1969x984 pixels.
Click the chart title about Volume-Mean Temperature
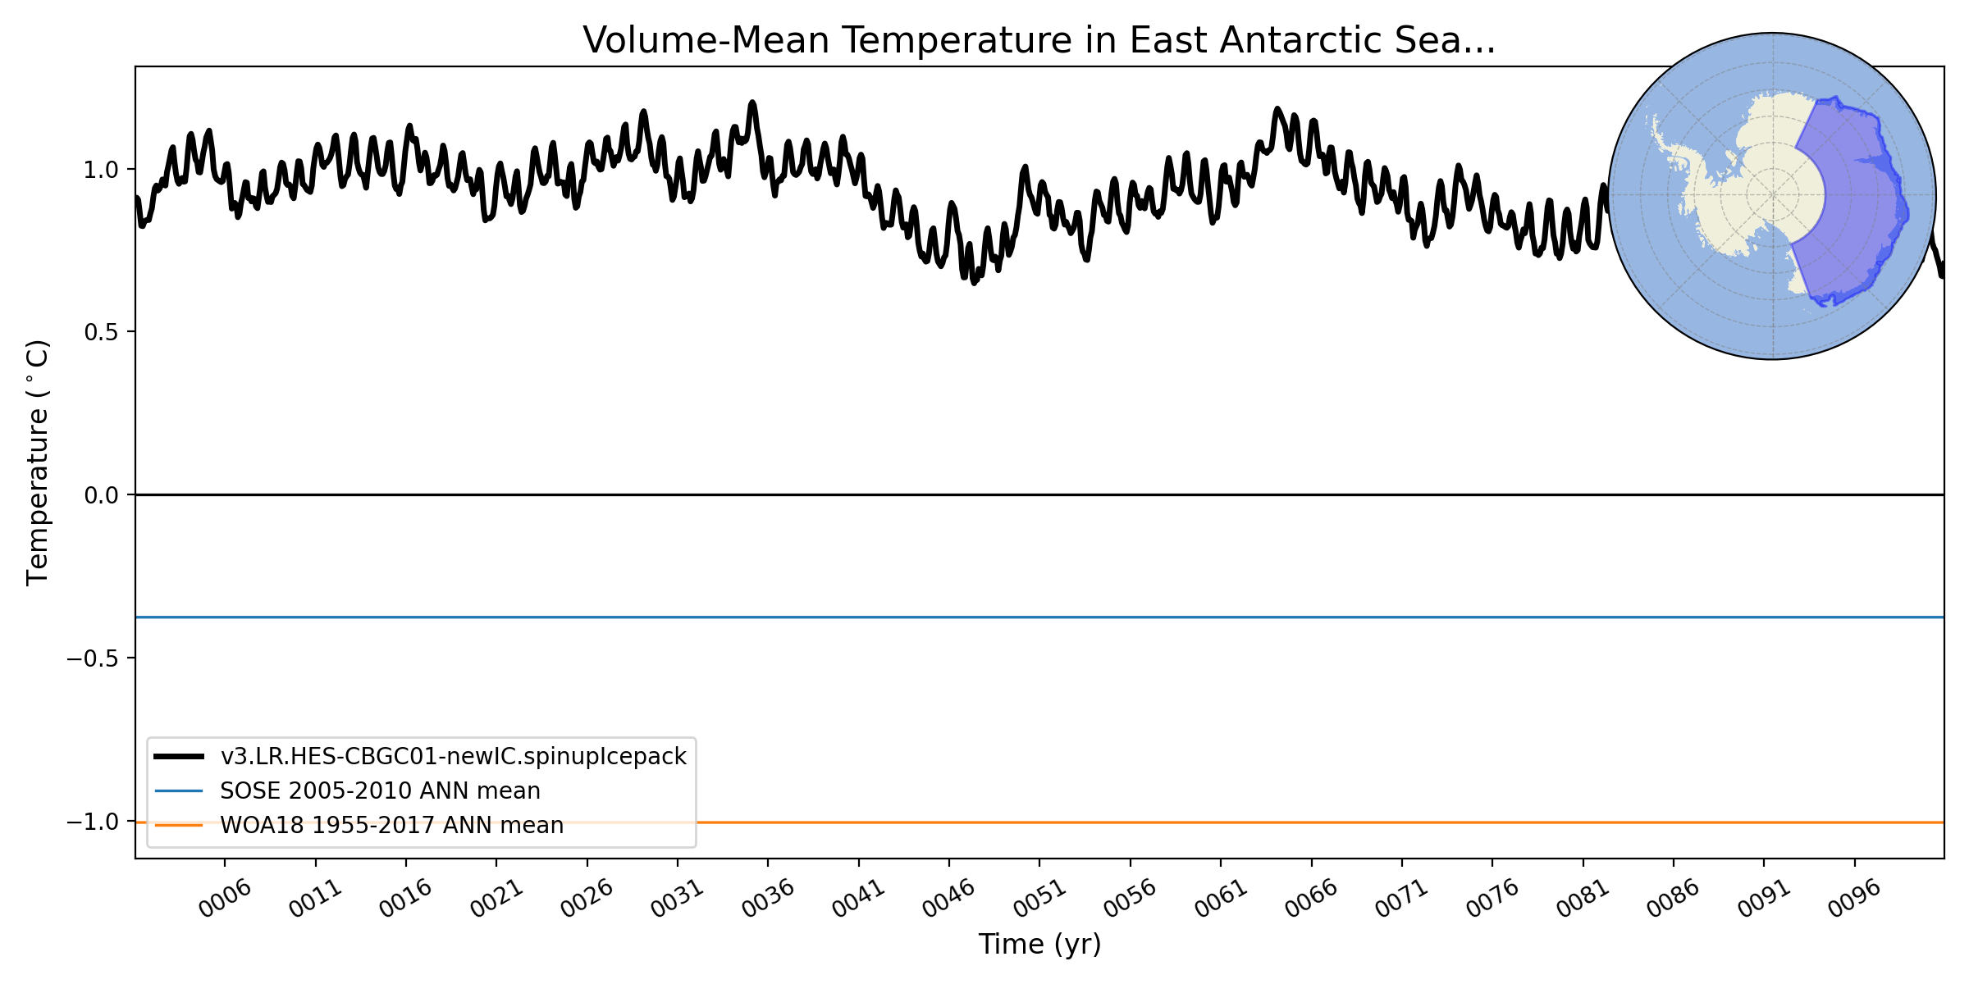tap(1039, 41)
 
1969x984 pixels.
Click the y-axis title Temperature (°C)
tap(39, 462)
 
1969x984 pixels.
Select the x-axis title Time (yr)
tap(1039, 944)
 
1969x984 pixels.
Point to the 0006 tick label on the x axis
tap(225, 899)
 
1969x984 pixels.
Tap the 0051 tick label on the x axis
tap(1039, 899)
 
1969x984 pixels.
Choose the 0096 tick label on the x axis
tap(1854, 899)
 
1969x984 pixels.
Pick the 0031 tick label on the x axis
tap(678, 899)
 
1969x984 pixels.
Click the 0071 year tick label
tap(1401, 899)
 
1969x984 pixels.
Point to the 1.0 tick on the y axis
tap(101, 170)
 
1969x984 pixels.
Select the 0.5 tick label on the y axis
tap(101, 332)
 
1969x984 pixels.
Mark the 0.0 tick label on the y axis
tap(101, 495)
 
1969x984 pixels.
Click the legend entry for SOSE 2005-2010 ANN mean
tap(380, 790)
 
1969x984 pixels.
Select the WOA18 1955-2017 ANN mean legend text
tap(391, 825)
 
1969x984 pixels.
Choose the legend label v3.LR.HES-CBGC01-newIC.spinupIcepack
tap(453, 756)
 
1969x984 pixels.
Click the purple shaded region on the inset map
tap(1854, 205)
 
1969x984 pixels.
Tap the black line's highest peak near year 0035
tap(752, 103)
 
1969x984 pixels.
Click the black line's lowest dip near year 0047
tap(974, 282)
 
